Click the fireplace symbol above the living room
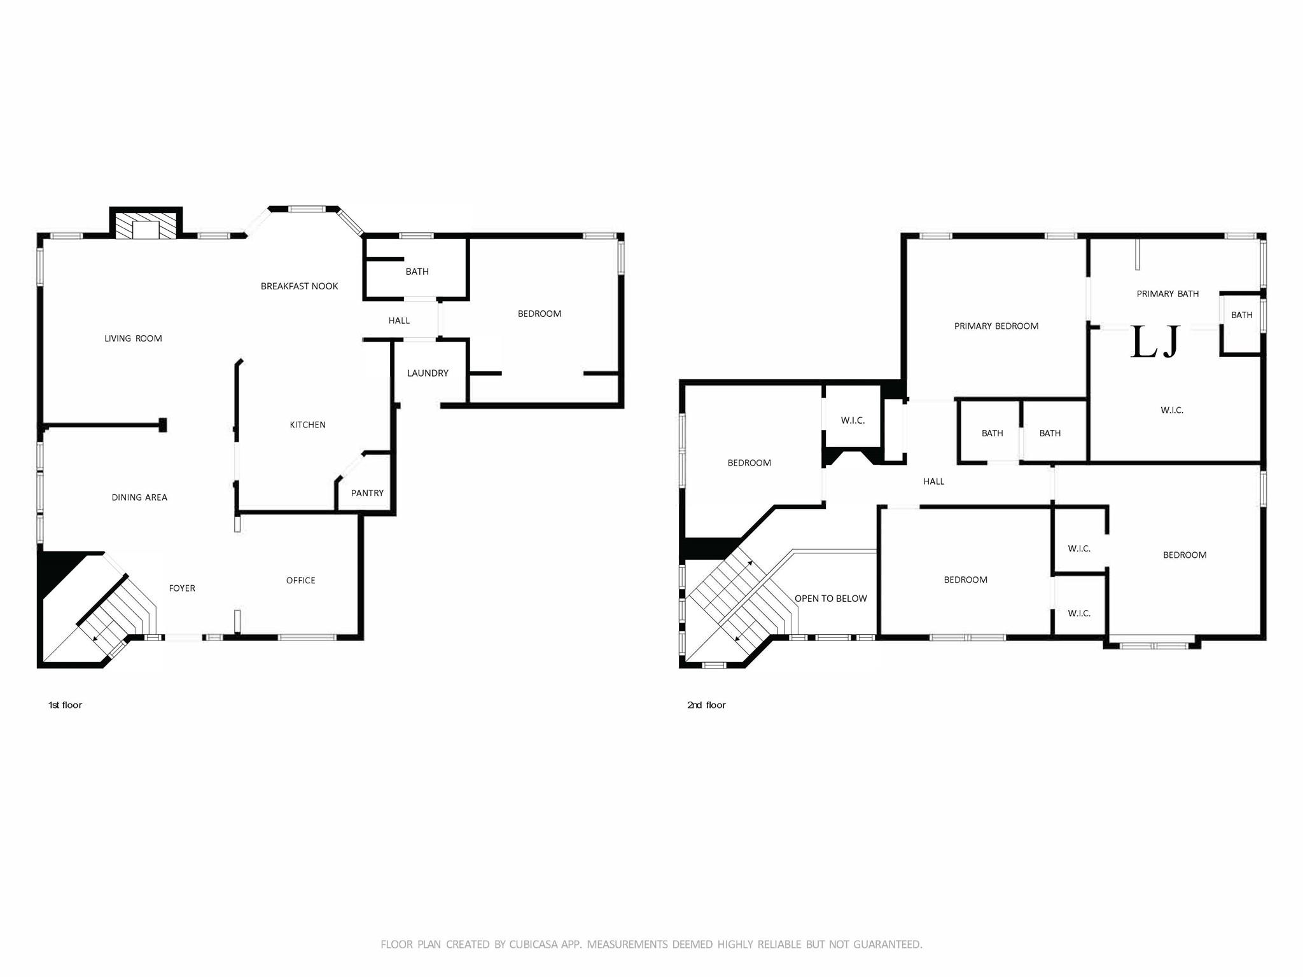146,224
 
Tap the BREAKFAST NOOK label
299,286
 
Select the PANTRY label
367,493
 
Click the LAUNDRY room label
428,373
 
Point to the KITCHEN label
307,425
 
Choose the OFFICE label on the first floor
300,580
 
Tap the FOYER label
182,588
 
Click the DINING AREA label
139,497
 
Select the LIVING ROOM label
133,338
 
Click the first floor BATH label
417,272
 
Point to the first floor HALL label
399,321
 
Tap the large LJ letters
1155,342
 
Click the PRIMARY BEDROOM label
996,326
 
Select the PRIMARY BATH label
1167,294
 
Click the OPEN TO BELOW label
830,599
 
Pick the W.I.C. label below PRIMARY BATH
1171,410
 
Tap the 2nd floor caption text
706,705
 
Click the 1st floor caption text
65,705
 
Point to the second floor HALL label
933,482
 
